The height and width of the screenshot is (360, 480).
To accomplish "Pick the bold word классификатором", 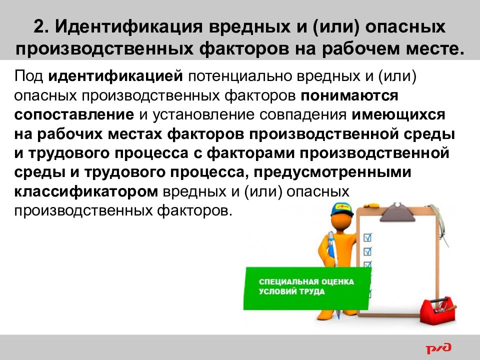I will tap(86, 191).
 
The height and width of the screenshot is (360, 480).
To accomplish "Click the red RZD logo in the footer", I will tap(438, 347).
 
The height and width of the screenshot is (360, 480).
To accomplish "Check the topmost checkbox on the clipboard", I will tap(368, 235).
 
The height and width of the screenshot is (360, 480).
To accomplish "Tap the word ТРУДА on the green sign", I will tap(312, 292).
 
